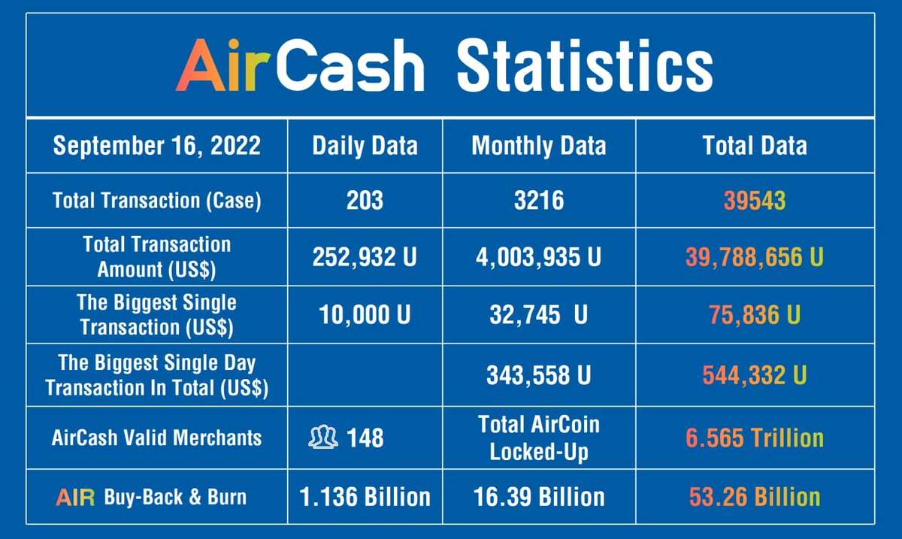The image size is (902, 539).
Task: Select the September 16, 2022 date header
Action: [x=156, y=146]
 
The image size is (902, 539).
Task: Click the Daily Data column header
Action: [x=365, y=146]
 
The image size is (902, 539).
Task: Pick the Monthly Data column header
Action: [x=538, y=146]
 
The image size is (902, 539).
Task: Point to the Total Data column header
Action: [x=755, y=146]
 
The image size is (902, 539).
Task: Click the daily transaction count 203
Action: [x=365, y=201]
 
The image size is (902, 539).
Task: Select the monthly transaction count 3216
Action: [x=538, y=201]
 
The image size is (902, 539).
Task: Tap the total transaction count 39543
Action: [x=755, y=201]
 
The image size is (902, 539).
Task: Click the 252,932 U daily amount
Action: [x=365, y=257]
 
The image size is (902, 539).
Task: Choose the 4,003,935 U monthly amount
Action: [x=538, y=257]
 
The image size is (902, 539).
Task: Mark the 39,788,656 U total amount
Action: [x=755, y=257]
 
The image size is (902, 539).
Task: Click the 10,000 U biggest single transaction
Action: [x=365, y=315]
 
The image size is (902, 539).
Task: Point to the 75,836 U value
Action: [x=755, y=315]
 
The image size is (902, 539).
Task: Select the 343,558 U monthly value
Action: [x=538, y=375]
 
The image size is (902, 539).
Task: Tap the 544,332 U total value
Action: [x=755, y=375]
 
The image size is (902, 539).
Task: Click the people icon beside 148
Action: [x=323, y=437]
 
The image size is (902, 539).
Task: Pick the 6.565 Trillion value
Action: [x=755, y=438]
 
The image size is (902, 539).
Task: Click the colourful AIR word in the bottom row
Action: [x=75, y=498]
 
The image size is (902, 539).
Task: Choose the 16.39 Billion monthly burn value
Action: [x=538, y=497]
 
